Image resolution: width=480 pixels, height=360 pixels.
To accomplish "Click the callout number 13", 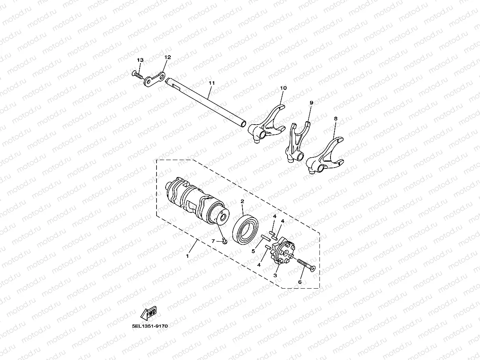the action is click(140, 60).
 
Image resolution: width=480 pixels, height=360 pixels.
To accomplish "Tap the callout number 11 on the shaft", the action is click(212, 83).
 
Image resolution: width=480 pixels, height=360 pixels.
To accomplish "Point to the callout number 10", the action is click(283, 88).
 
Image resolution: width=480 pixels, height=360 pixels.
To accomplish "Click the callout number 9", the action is click(311, 103).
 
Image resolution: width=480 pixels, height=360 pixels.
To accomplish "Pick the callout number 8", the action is click(336, 118).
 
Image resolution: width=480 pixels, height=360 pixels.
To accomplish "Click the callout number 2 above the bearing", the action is click(242, 201).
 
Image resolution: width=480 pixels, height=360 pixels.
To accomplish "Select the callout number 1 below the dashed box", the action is click(187, 256).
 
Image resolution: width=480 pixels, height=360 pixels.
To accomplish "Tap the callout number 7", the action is click(213, 241).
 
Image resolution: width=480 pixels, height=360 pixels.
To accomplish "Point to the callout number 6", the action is click(300, 282).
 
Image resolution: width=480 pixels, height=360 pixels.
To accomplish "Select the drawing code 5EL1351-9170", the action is click(150, 326).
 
